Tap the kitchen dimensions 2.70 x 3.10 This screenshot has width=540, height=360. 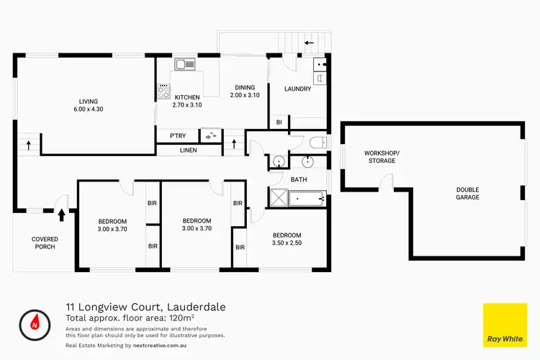186,104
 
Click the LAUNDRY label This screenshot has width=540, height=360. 297,89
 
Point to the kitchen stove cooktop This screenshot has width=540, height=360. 163,92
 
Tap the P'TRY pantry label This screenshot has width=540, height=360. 178,135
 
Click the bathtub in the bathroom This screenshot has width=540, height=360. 307,197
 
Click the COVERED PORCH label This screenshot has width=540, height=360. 44,243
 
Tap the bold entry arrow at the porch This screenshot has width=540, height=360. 61,214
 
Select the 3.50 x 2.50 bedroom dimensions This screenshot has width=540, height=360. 287,244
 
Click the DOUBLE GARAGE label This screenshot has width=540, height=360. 467,194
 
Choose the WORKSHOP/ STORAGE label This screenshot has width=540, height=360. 379,157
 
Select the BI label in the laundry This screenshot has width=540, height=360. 279,123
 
